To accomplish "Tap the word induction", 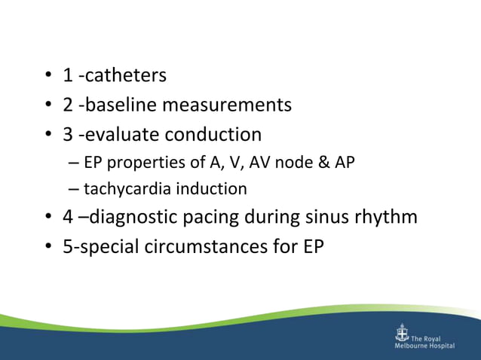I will (x=214, y=188).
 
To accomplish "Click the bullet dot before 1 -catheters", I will (x=47, y=76).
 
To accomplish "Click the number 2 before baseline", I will (x=68, y=105).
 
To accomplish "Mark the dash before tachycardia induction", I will (x=73, y=188).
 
